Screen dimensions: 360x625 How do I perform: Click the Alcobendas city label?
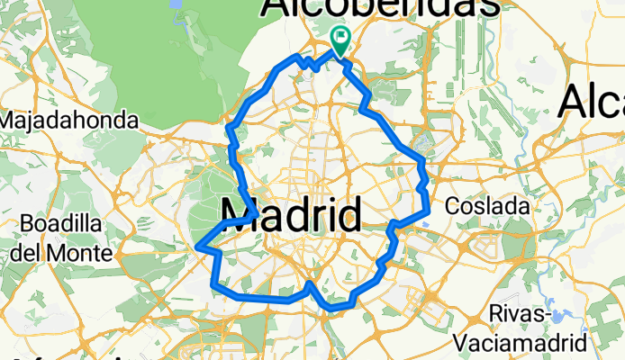(x=380, y=7)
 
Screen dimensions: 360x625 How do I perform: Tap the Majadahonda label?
(x=70, y=120)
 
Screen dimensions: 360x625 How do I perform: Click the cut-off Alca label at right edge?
(x=591, y=101)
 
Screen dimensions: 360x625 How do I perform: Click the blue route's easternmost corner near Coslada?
(x=429, y=211)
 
